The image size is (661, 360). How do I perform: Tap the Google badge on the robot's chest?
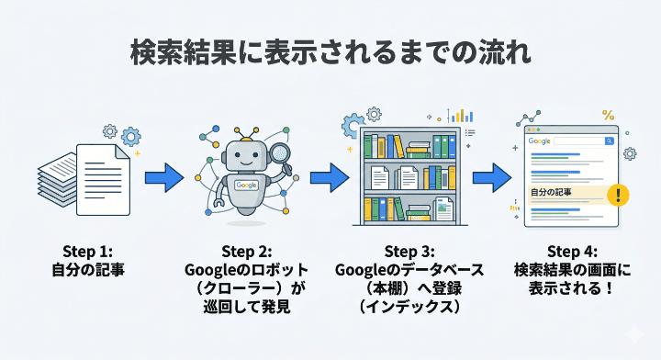[245, 185]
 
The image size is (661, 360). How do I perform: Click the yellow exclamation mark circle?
[622, 195]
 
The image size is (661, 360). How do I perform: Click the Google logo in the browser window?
[538, 141]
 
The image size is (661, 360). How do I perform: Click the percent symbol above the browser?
[608, 115]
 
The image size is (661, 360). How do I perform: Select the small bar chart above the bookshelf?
[462, 116]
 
